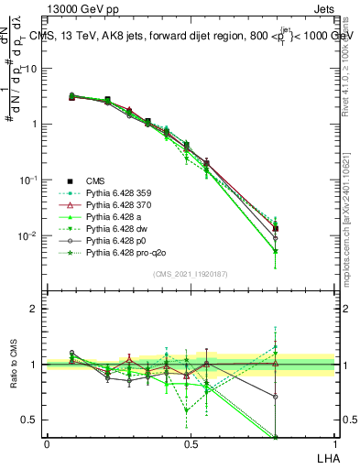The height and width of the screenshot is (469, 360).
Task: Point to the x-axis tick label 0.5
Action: tap(191, 443)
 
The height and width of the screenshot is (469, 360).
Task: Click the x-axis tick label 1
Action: tap(334, 443)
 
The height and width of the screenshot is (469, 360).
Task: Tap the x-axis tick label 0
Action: tap(47, 443)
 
